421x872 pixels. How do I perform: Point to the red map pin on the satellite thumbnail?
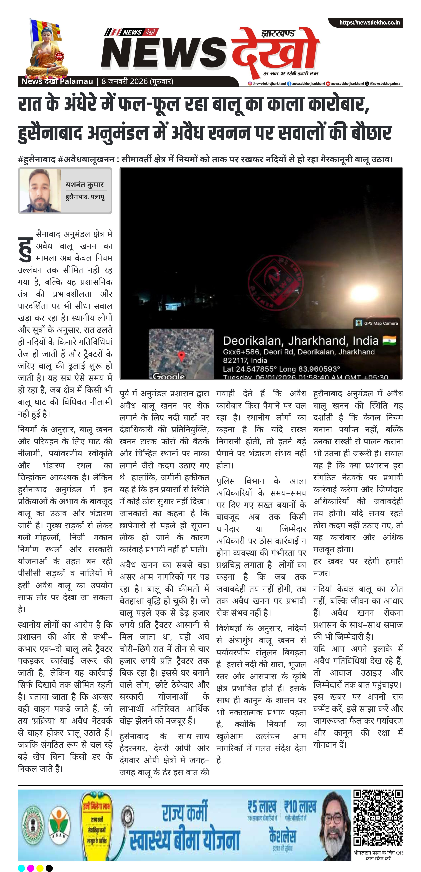tap(181, 356)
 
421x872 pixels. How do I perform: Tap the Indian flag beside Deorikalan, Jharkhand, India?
tap(389, 340)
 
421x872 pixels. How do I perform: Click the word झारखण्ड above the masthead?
tap(278, 33)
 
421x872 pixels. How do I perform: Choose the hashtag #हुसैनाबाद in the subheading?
tap(37, 159)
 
